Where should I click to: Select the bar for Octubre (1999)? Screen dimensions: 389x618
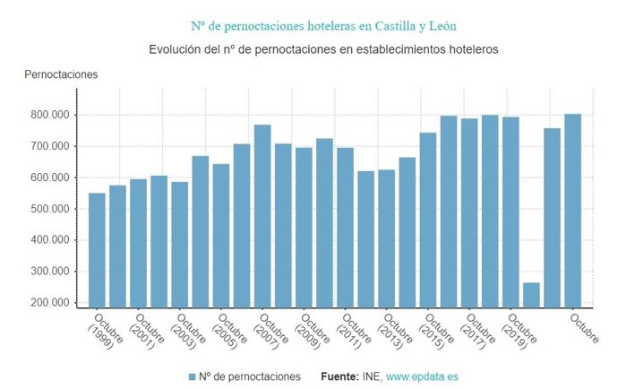coord(97,250)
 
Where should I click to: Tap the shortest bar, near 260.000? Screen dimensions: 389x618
coord(531,295)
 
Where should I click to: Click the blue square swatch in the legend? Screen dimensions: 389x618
coord(193,376)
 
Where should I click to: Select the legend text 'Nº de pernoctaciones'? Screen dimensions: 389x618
coord(250,376)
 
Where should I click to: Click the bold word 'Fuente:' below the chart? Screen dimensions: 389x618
coord(340,376)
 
